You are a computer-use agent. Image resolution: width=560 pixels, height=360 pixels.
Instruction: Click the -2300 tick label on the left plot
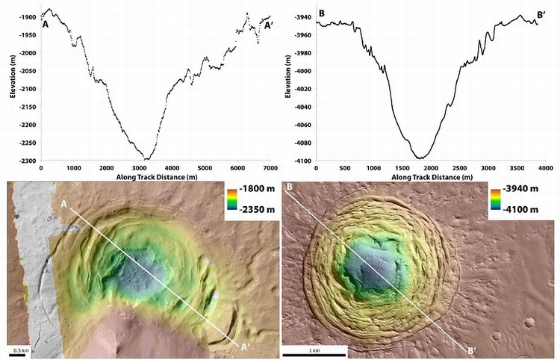[25, 161]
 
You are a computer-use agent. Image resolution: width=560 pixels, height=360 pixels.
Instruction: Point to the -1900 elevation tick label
[25, 16]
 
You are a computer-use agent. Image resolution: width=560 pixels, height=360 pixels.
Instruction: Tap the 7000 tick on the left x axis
[270, 169]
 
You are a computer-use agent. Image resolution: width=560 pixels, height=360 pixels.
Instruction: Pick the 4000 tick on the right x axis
[545, 169]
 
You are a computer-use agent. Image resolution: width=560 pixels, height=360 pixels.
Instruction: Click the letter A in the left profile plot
[46, 24]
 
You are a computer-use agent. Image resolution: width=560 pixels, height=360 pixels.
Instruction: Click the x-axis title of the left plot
[155, 179]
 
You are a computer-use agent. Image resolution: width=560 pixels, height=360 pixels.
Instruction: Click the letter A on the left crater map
[64, 204]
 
